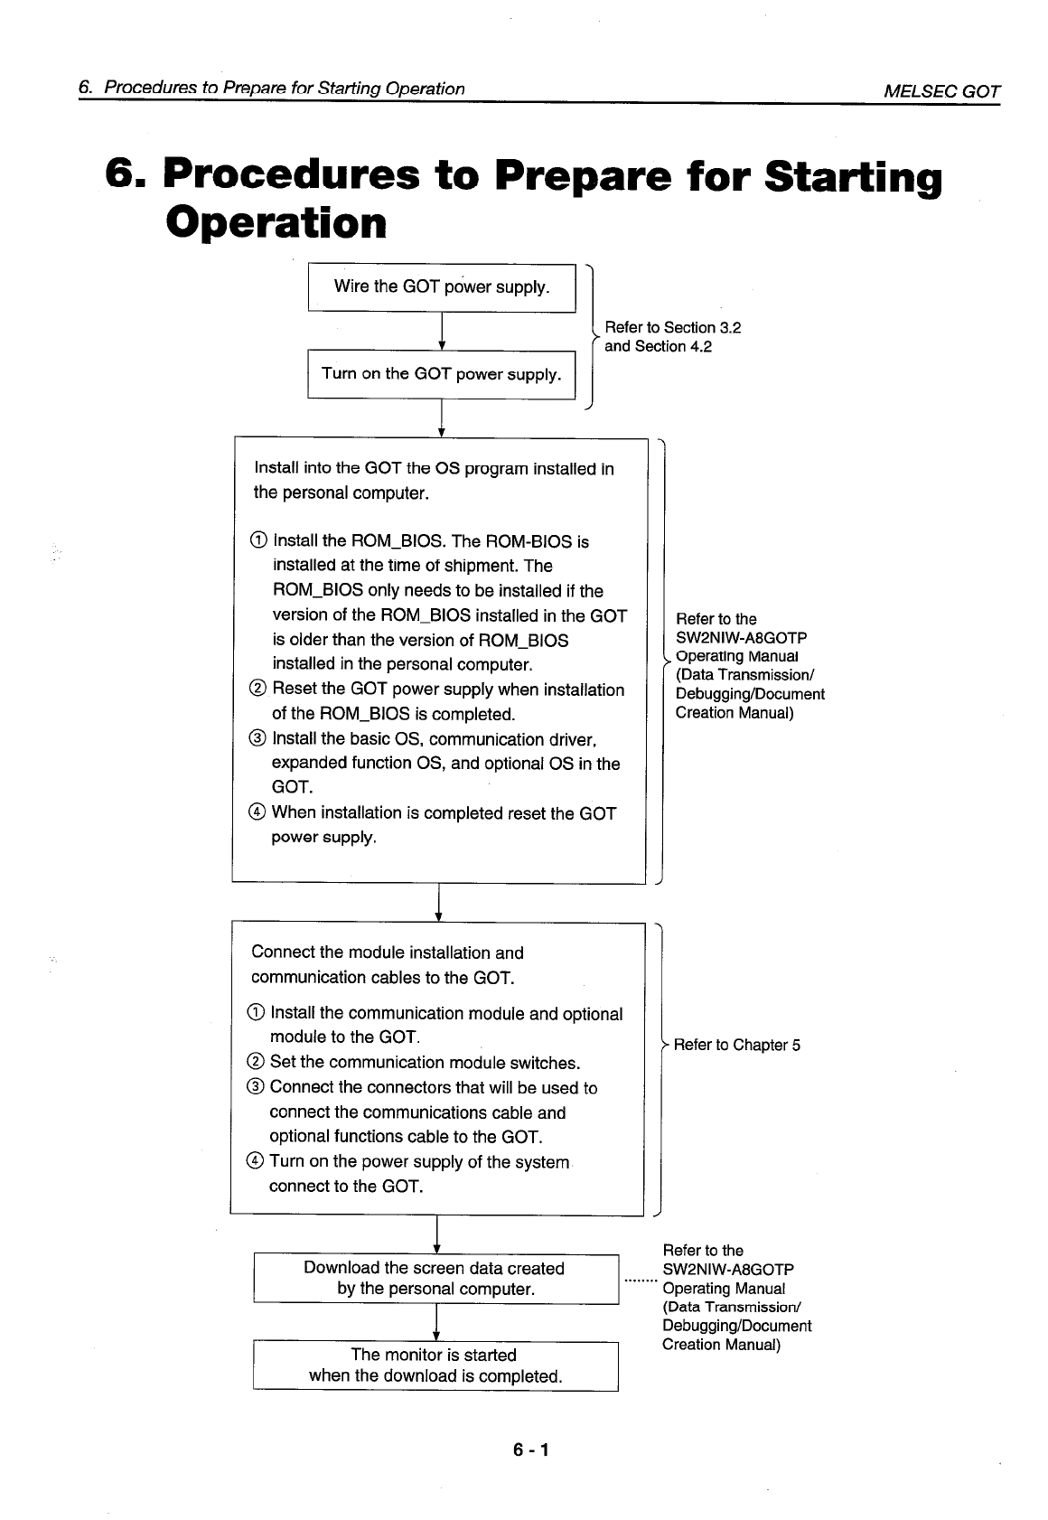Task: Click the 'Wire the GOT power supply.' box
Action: (442, 287)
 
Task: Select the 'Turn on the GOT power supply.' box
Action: (442, 374)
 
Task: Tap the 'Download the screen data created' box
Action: (435, 1279)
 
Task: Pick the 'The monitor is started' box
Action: (435, 1365)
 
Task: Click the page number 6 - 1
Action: (531, 1450)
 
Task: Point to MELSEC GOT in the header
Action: (942, 90)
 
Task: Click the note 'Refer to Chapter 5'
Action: (736, 1046)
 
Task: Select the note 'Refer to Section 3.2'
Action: (672, 328)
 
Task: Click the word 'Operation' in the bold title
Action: (276, 222)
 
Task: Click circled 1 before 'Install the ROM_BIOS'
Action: (258, 541)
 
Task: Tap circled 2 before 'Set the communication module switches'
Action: (256, 1063)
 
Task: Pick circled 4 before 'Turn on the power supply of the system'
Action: (256, 1162)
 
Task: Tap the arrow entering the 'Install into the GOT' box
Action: (441, 420)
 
